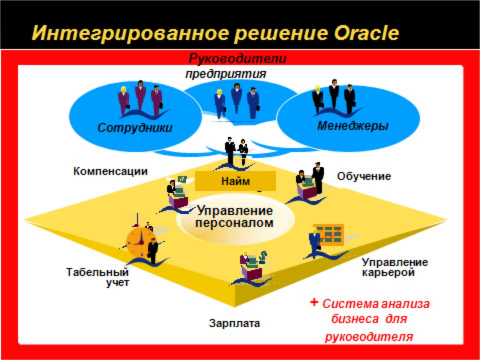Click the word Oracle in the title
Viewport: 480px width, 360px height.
coord(366,33)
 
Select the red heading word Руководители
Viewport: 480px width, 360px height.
coord(237,59)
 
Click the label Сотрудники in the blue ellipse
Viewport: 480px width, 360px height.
coord(134,127)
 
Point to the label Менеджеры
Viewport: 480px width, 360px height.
coord(352,126)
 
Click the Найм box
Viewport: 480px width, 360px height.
coord(235,181)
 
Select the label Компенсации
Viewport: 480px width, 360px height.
coord(110,171)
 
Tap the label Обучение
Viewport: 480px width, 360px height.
coord(364,176)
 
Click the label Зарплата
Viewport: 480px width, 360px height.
coord(234,323)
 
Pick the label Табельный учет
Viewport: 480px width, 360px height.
coord(98,276)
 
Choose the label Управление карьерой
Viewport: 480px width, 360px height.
coord(395,267)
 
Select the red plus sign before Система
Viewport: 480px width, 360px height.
coord(314,302)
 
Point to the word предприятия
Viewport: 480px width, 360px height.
coord(226,74)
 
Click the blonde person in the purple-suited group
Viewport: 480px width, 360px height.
coord(123,101)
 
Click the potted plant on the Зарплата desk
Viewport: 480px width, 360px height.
coord(262,257)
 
